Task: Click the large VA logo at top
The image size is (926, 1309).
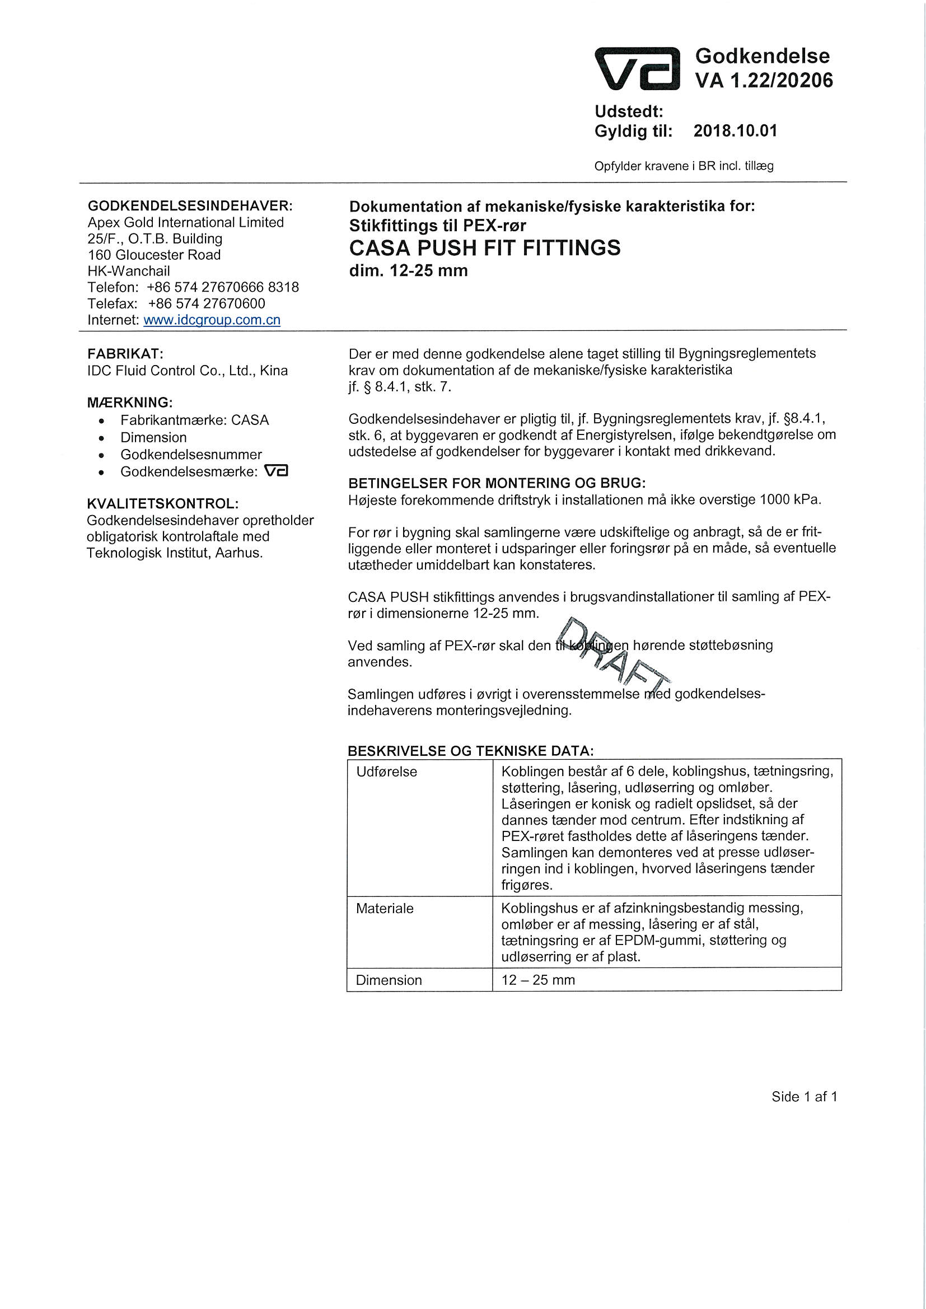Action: (637, 69)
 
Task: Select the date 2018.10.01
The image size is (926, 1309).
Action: (735, 131)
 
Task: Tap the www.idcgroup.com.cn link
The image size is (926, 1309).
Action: (212, 320)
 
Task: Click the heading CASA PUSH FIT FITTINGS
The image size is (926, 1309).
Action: (485, 248)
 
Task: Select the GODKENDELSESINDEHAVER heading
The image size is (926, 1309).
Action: (190, 206)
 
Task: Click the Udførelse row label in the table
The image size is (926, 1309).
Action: (387, 772)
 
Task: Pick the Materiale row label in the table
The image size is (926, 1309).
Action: (385, 909)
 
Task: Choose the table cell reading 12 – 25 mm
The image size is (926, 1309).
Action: (538, 980)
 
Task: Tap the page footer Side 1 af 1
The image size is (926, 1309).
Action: (804, 1096)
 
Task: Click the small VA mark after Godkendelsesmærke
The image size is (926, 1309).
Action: (277, 471)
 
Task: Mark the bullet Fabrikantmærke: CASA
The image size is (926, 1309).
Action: (194, 420)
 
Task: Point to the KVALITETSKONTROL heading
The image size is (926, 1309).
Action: (162, 504)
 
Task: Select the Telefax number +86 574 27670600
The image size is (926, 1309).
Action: (207, 303)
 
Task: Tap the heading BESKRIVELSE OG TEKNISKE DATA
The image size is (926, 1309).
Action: (471, 751)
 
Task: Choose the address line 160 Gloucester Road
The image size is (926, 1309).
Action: (154, 255)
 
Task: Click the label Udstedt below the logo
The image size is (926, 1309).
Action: (628, 111)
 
